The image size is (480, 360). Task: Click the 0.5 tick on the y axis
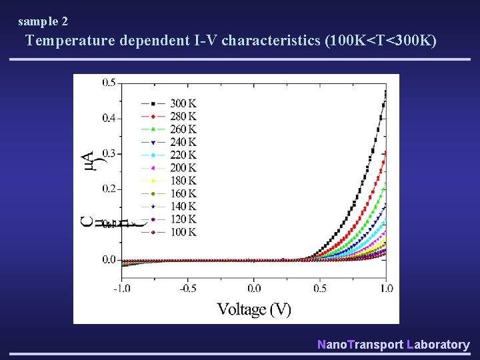[x=108, y=83]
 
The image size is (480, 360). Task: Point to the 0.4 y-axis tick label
[x=108, y=118]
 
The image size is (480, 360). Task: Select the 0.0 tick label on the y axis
[x=108, y=259]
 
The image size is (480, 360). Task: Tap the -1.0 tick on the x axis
[x=121, y=288]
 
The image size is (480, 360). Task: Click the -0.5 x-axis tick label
[x=187, y=288]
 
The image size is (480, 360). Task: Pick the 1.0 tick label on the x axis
[x=385, y=288]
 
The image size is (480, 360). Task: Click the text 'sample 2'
[x=43, y=21]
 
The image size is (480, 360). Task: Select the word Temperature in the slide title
[x=71, y=41]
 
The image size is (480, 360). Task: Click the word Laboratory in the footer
[x=437, y=345]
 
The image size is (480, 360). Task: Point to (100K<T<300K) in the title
[x=380, y=41]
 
